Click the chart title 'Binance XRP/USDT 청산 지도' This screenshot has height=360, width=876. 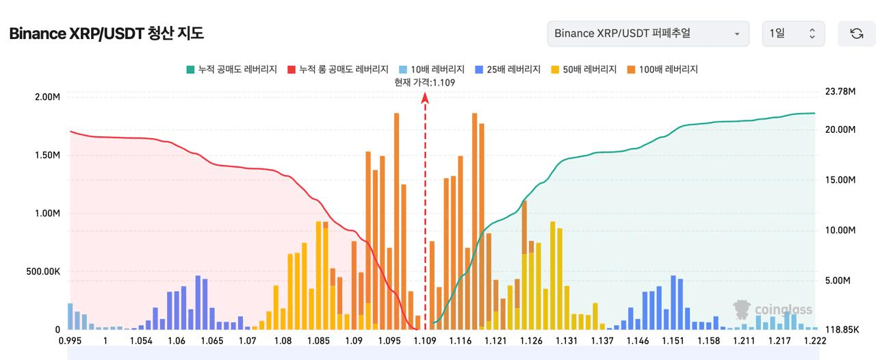(x=106, y=34)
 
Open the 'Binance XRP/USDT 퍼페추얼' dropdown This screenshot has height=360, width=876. (x=648, y=34)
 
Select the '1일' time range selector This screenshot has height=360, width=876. (x=793, y=34)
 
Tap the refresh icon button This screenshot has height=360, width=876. (x=856, y=34)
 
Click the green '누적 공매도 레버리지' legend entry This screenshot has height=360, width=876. (x=231, y=70)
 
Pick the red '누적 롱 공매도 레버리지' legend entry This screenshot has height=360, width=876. (x=337, y=70)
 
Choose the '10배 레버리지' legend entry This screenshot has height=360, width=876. (x=431, y=70)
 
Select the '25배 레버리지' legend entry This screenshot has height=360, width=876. (x=508, y=70)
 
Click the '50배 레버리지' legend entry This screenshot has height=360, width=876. (x=584, y=70)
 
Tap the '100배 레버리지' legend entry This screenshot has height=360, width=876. (x=662, y=70)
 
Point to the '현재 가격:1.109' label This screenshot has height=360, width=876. (x=425, y=83)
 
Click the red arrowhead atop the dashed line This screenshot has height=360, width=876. (x=425, y=98)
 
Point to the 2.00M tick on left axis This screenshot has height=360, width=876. (x=47, y=97)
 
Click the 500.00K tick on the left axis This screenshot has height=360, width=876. (x=43, y=271)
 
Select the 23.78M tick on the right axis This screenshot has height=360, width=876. (x=840, y=91)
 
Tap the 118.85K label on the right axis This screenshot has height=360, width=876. (x=842, y=329)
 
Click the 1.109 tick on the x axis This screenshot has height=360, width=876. (x=425, y=341)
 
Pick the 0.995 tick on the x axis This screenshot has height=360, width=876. (x=70, y=341)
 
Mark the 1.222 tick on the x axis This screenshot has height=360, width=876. (x=815, y=341)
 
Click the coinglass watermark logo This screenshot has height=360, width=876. (x=773, y=309)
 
